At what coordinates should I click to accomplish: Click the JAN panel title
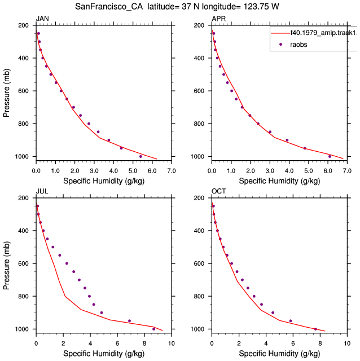(42, 19)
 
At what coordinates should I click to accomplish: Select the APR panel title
(218, 19)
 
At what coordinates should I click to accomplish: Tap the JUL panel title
(42, 191)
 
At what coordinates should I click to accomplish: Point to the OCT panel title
(218, 191)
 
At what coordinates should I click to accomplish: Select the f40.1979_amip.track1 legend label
(324, 33)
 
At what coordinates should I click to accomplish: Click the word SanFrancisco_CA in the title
(109, 6)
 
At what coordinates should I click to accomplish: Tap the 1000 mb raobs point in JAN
(141, 157)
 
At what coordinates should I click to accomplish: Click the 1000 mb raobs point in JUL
(153, 329)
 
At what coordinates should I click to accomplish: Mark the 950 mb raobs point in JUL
(129, 321)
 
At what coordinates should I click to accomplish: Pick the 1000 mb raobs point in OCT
(315, 329)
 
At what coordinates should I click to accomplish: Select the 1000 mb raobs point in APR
(330, 157)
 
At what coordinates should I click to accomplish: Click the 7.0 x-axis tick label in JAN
(172, 171)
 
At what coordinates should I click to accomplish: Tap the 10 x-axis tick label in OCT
(347, 344)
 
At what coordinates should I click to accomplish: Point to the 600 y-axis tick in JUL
(23, 263)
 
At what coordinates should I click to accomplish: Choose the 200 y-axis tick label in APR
(199, 25)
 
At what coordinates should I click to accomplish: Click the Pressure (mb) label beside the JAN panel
(6, 93)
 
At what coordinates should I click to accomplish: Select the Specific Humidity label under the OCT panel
(279, 354)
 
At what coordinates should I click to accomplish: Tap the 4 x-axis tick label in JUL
(90, 344)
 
